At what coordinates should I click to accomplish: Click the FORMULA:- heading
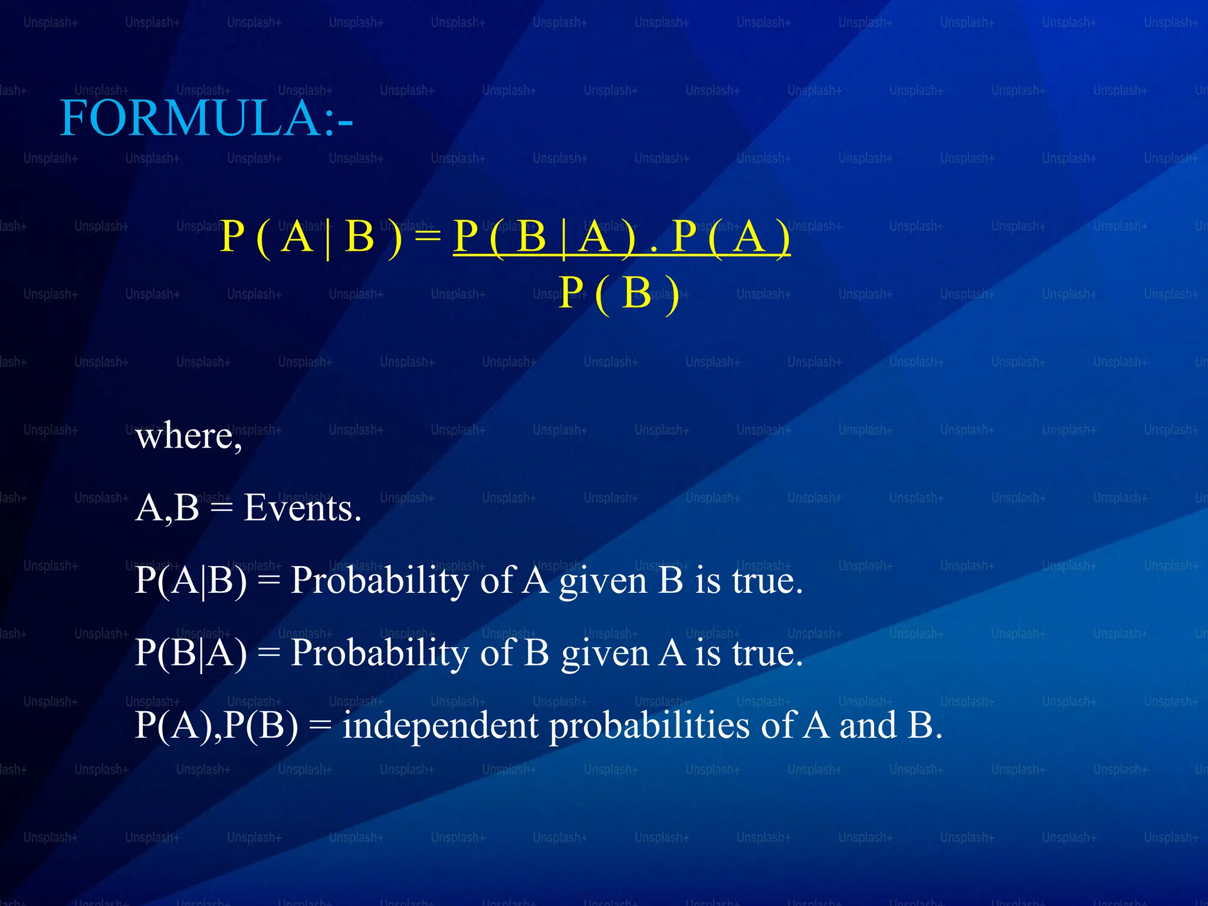point(206,118)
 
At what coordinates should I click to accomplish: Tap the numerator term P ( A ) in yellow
point(731,237)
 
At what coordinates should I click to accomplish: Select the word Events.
point(302,508)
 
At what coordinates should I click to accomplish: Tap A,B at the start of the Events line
point(167,509)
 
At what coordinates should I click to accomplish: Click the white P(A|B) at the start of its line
point(191,581)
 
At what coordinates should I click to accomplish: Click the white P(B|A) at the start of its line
point(191,654)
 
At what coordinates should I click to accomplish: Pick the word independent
point(440,726)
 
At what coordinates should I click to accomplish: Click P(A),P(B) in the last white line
point(216,726)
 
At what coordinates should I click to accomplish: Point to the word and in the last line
point(868,726)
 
